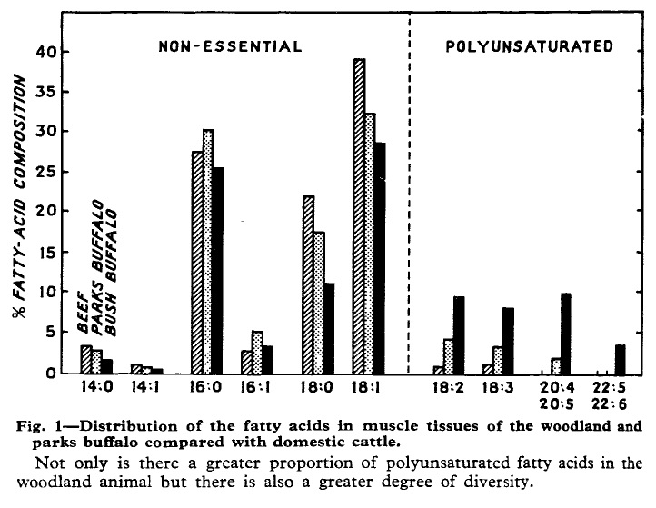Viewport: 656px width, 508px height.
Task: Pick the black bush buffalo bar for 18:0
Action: (329, 328)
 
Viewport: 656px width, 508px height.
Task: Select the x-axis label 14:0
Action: (94, 385)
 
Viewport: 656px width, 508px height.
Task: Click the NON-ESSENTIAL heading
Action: (229, 45)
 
